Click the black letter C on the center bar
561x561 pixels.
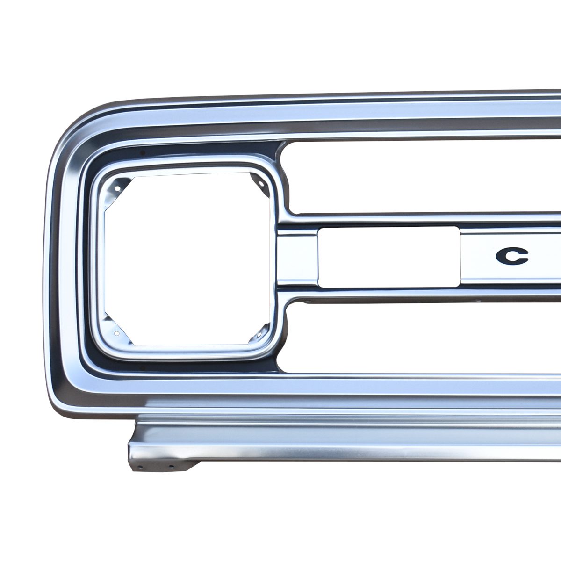(x=512, y=256)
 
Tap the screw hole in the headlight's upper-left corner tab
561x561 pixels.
(x=117, y=188)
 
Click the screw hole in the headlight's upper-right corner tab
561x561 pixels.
(x=260, y=184)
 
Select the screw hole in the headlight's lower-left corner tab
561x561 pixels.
(x=116, y=333)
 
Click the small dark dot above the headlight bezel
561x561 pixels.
(x=143, y=152)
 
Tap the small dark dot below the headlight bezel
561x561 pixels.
(x=143, y=368)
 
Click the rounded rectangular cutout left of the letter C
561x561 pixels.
(x=388, y=257)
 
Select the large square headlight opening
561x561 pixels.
(x=187, y=259)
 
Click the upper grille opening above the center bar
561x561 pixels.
(x=419, y=178)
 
